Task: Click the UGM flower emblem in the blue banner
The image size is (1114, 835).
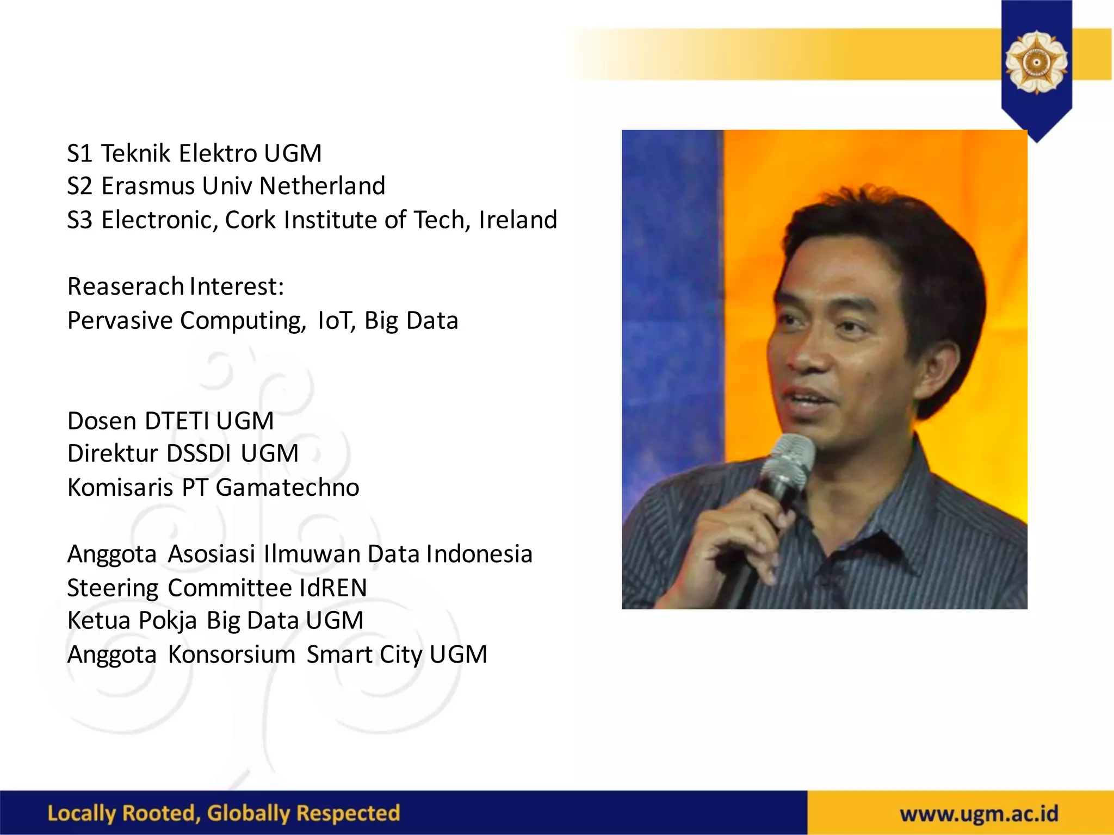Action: click(1036, 63)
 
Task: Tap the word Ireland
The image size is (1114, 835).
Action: click(518, 220)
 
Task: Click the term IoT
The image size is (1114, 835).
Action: click(336, 320)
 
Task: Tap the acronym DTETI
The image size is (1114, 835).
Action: click(177, 421)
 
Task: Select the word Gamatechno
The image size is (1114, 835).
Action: click(287, 487)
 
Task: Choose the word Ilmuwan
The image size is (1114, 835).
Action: click(312, 554)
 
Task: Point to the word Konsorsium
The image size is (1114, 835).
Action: click(231, 655)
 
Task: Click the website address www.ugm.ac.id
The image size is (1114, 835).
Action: click(979, 814)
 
